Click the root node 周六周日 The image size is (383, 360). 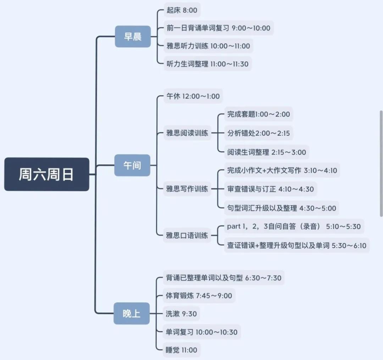click(x=46, y=174)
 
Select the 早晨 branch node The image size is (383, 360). click(x=133, y=36)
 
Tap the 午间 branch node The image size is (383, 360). click(x=132, y=165)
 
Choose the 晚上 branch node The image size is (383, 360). click(x=132, y=313)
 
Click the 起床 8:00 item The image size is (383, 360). click(x=182, y=10)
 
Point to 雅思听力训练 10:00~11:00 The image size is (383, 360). click(x=208, y=46)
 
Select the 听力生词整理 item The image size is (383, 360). click(x=207, y=64)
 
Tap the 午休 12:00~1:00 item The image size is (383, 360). click(x=193, y=96)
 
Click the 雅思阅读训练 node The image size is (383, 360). click(x=187, y=134)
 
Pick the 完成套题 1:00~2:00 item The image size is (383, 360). click(x=259, y=114)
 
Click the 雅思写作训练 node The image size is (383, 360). click(x=187, y=189)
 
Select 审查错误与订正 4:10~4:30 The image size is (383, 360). click(x=270, y=189)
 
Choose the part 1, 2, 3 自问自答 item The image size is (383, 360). click(x=294, y=226)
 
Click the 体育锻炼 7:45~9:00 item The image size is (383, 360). click(x=199, y=296)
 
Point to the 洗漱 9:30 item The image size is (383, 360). click(x=181, y=314)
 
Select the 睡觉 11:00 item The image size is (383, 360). click(x=182, y=350)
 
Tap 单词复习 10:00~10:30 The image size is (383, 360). click(x=201, y=332)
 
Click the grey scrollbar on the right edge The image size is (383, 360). click(x=381, y=163)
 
